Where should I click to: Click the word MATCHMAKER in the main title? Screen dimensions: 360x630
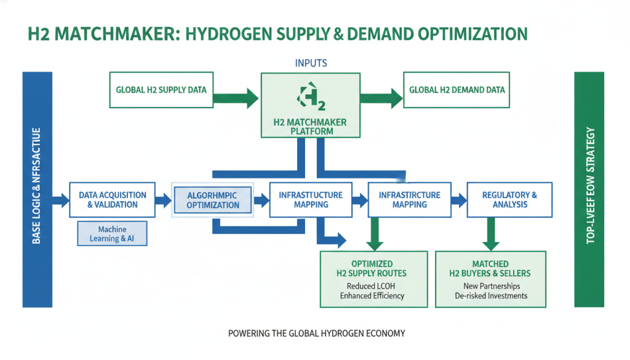[x=115, y=34]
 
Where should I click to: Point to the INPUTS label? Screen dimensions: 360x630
[x=311, y=63]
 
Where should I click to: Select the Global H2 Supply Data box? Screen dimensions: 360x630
[x=161, y=90]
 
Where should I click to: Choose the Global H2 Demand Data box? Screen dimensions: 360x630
[x=457, y=90]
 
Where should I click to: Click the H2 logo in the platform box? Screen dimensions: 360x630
[x=311, y=97]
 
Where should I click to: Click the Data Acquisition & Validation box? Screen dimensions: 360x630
[x=113, y=199]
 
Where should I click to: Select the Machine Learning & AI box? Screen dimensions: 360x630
[x=112, y=234]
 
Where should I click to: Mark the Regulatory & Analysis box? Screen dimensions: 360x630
[x=509, y=199]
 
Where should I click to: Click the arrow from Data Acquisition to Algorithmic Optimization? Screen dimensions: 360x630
[x=163, y=199]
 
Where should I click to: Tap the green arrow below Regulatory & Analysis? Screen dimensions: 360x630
[x=491, y=233]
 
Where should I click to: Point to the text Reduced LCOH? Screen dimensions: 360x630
[x=372, y=286]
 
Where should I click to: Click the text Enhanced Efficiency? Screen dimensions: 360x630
[x=372, y=295]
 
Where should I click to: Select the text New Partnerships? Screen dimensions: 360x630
[x=492, y=286]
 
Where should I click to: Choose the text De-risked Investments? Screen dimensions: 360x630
[x=492, y=295]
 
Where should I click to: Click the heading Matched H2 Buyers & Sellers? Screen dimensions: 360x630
[x=492, y=268]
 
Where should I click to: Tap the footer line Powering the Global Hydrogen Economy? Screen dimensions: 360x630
[x=316, y=334]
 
